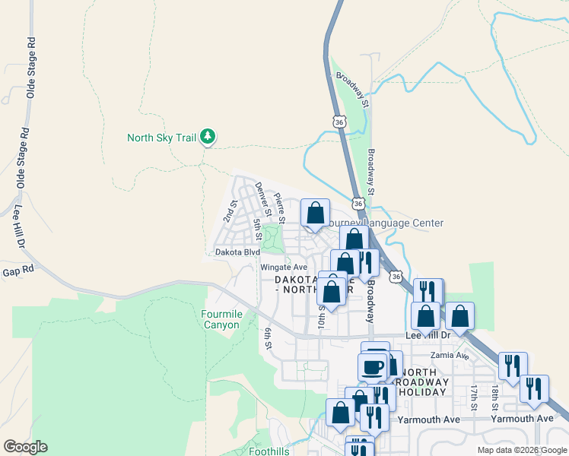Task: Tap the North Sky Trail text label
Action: point(161,138)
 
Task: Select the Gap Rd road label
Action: point(18,271)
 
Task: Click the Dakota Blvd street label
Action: point(237,252)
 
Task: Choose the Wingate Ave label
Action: point(284,267)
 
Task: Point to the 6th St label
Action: point(268,338)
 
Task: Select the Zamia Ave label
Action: point(449,355)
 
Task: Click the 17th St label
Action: point(473,397)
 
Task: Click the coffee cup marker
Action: point(373,367)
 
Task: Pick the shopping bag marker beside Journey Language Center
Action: point(315,213)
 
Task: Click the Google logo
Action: point(25,447)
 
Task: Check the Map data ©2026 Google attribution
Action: point(522,450)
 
